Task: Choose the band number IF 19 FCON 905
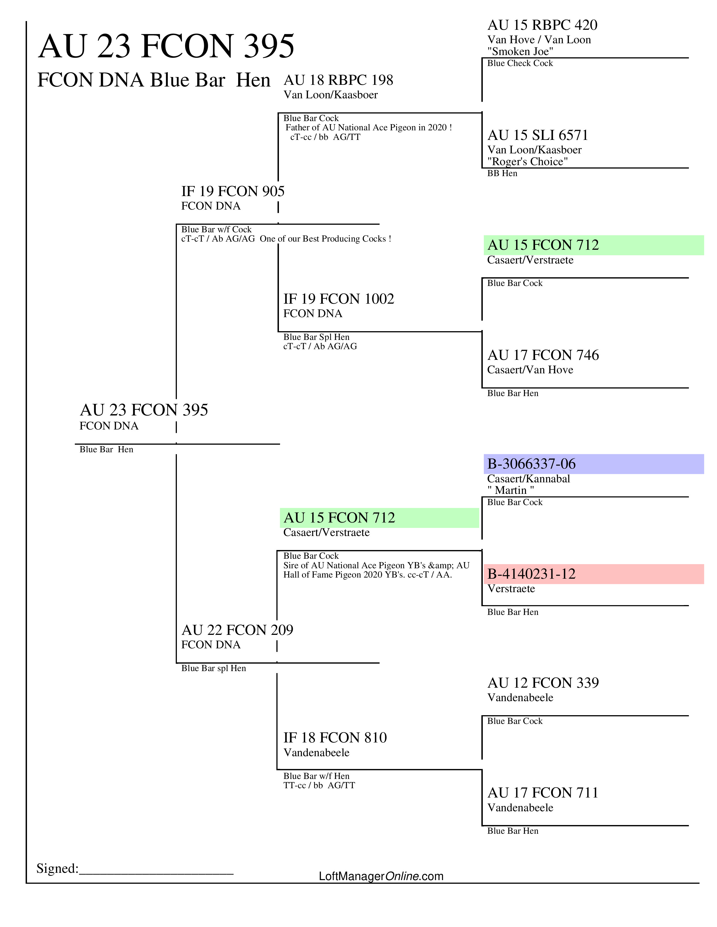pyautogui.click(x=233, y=191)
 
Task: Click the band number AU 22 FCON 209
pyautogui.click(x=237, y=630)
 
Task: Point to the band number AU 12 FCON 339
pyautogui.click(x=543, y=683)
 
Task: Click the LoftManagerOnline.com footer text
pyautogui.click(x=381, y=876)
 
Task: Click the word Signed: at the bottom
pyautogui.click(x=57, y=868)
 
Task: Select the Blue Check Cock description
pyautogui.click(x=520, y=63)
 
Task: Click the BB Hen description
pyautogui.click(x=502, y=173)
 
